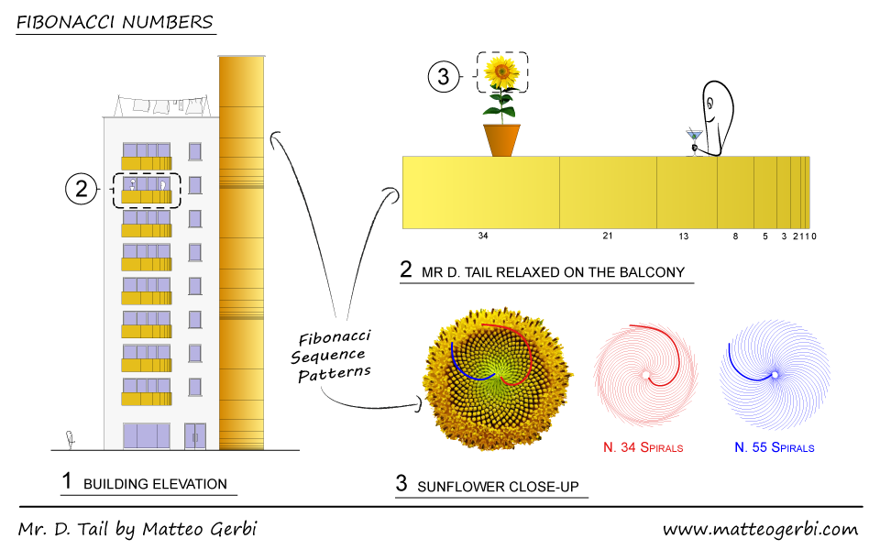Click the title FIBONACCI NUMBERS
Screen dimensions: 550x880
coord(115,21)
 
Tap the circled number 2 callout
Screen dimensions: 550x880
coord(82,190)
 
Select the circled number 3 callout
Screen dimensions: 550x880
coord(444,77)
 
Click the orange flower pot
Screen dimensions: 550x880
coord(501,139)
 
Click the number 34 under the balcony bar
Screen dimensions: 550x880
coord(483,236)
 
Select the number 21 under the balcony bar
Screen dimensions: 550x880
coord(607,236)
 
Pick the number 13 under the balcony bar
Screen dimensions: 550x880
coord(683,236)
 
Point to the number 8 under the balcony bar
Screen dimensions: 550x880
coord(734,236)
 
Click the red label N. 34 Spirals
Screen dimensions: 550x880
coord(643,448)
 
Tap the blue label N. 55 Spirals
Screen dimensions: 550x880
coord(774,448)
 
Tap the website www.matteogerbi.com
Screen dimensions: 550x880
coord(760,529)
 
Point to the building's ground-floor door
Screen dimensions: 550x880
coord(194,436)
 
